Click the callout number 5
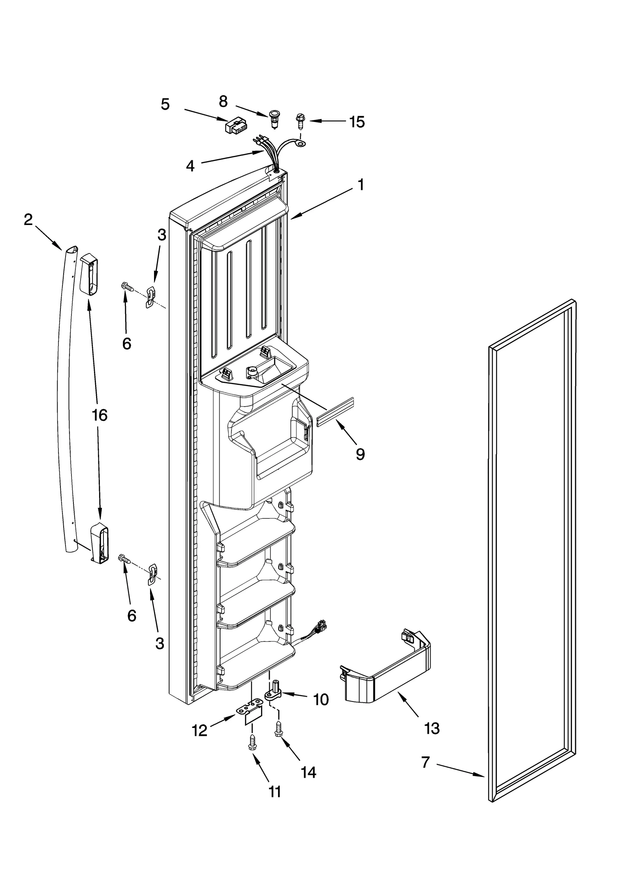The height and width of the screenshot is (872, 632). click(165, 104)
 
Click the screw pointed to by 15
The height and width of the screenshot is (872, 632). click(300, 122)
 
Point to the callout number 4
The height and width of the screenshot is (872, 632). click(190, 166)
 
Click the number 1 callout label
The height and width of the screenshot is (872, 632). click(360, 185)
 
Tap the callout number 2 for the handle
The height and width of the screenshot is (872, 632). click(28, 220)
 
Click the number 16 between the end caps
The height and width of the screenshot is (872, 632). click(100, 415)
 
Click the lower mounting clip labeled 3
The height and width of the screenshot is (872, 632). click(152, 575)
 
